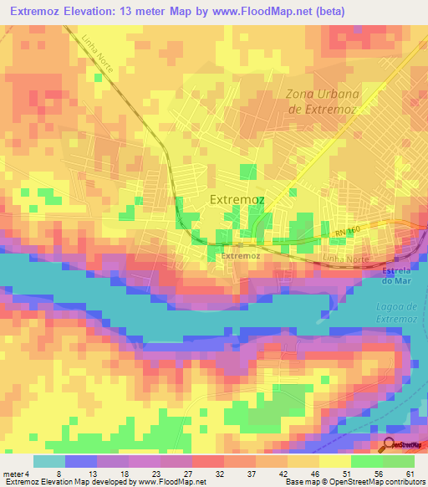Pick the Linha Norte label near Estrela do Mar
tap(346, 260)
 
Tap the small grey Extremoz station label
tap(242, 256)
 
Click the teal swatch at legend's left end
tap(48, 461)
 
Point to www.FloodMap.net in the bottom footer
tap(167, 483)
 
